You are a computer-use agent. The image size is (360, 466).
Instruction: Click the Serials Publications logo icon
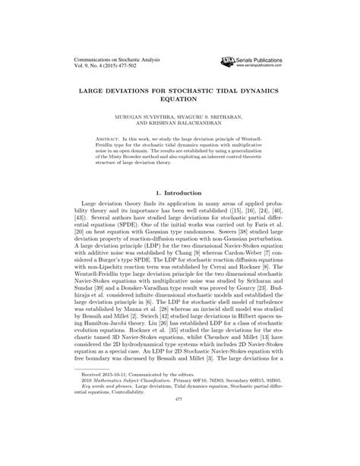tap(227, 58)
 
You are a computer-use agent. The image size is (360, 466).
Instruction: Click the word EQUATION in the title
tap(180, 99)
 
